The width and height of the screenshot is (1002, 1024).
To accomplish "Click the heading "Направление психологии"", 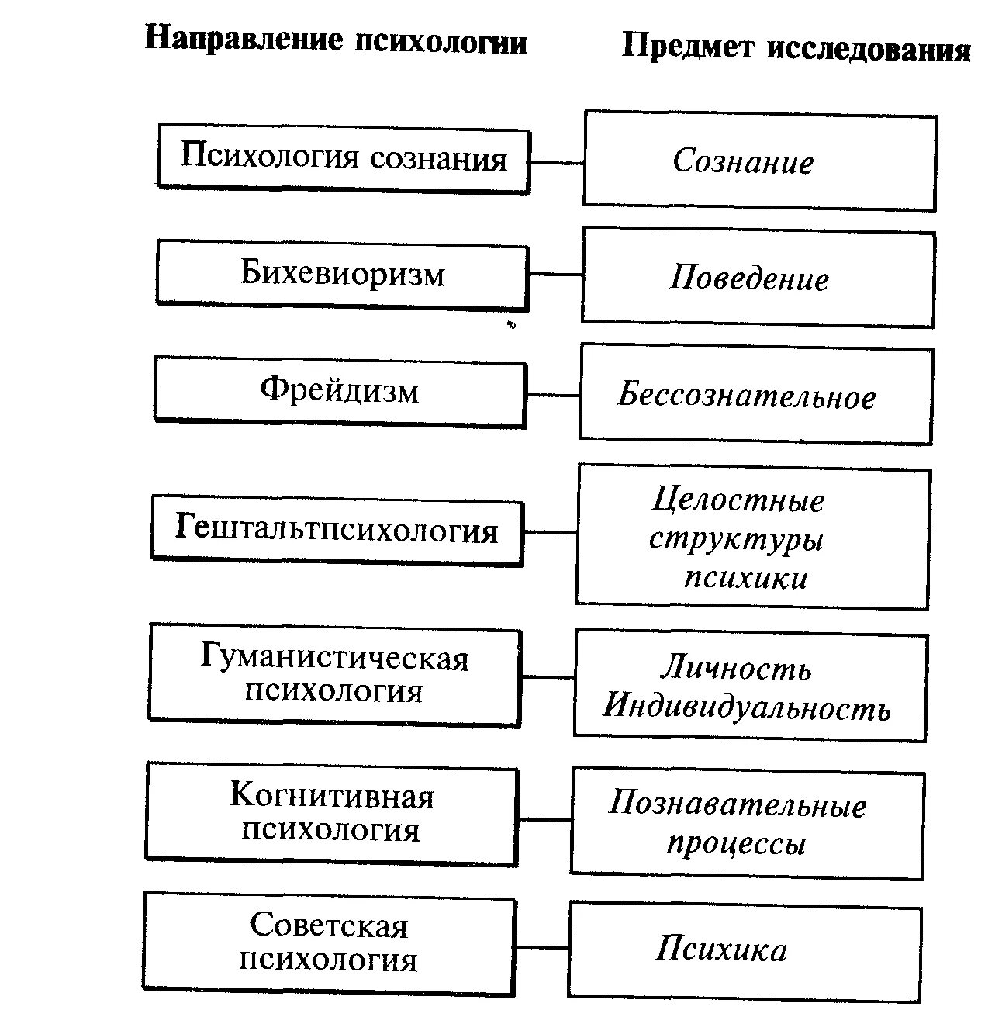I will (336, 40).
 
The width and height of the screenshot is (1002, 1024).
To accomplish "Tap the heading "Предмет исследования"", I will (796, 49).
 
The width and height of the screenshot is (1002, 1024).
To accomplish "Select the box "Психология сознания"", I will (344, 159).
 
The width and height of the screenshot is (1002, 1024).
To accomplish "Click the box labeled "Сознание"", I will (759, 161).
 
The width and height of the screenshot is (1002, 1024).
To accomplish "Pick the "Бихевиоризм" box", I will (342, 274).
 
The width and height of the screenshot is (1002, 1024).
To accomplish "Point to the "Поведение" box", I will (758, 278).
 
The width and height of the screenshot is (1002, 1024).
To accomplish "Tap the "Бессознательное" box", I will (755, 396).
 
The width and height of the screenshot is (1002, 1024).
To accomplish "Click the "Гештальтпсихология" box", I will (337, 531).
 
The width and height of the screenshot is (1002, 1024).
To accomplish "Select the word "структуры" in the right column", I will (735, 539).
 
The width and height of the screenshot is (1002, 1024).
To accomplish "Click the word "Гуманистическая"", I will (335, 659).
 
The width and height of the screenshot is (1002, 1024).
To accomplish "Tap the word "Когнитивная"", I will (332, 796).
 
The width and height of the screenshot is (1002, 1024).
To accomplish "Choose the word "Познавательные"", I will (737, 804).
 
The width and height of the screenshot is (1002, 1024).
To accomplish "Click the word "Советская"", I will (329, 926).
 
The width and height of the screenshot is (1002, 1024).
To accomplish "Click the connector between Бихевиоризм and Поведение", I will (555, 274).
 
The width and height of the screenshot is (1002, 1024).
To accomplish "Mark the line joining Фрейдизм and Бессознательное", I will (552, 395).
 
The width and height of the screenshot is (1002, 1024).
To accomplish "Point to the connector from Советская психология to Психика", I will (541, 947).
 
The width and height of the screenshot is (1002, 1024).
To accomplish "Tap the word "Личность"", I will (736, 669).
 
